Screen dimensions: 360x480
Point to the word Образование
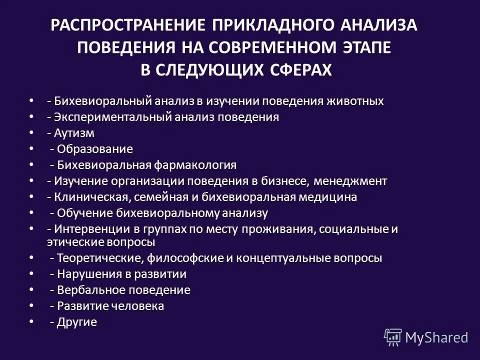click(94, 149)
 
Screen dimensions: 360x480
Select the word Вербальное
click(84, 290)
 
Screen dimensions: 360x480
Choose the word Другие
click(76, 322)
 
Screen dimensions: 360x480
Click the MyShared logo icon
click(392, 337)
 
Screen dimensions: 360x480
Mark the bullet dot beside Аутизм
click(32, 132)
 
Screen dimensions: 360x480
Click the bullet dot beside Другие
click(32, 321)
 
